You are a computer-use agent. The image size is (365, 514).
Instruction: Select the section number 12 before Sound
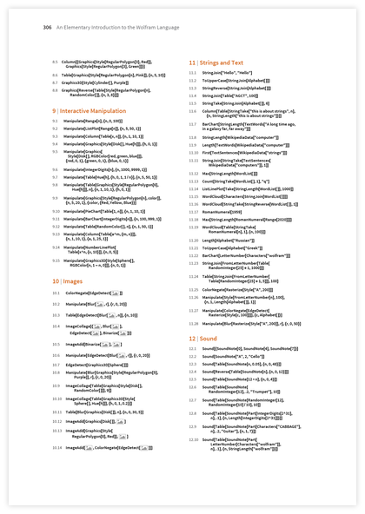pos(193,337)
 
